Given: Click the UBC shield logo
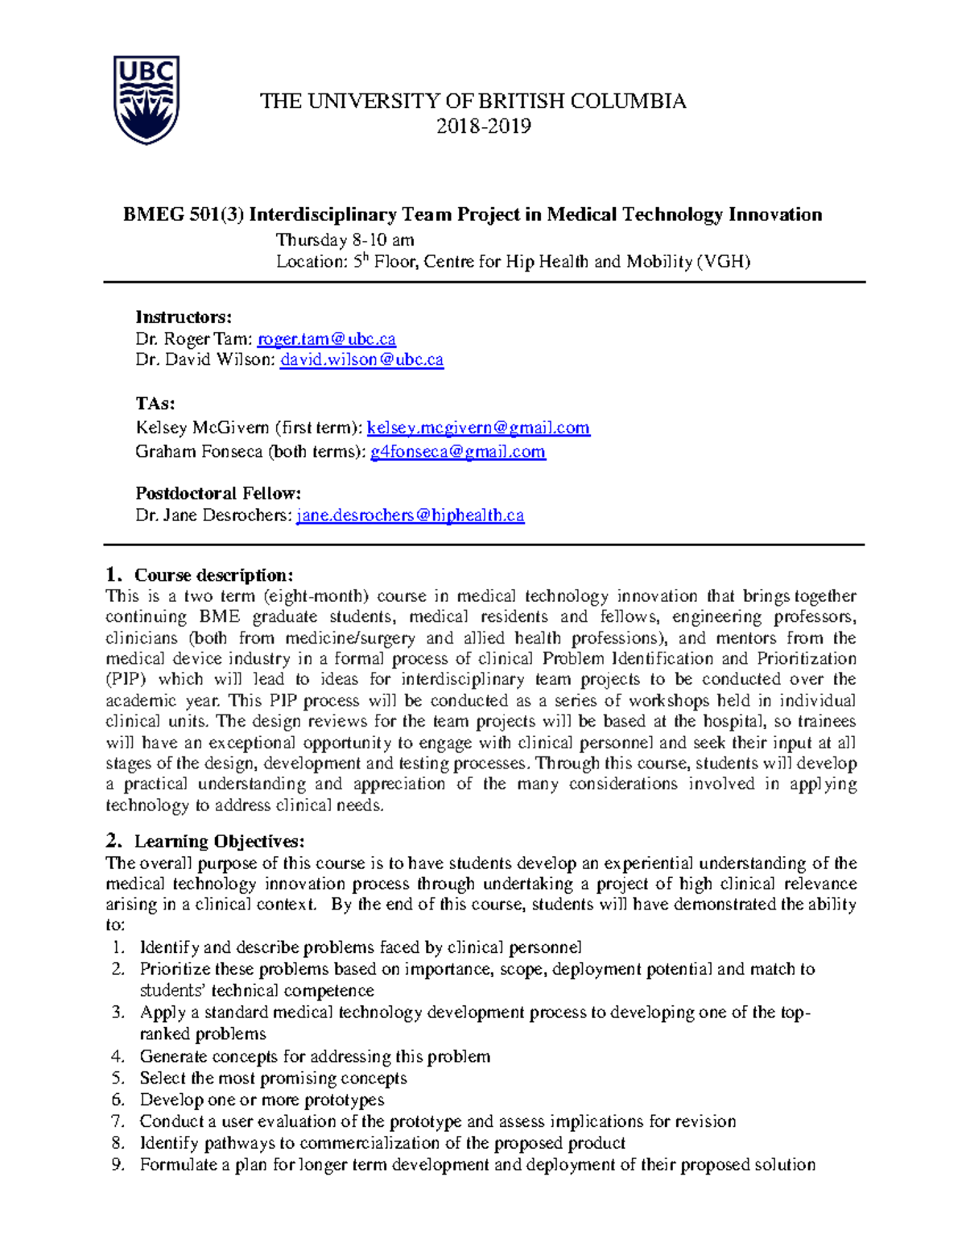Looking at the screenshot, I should [146, 100].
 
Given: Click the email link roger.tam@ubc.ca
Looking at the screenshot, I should [326, 339].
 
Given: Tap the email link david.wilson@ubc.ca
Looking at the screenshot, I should [361, 360].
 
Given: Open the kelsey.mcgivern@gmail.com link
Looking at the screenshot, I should [478, 428].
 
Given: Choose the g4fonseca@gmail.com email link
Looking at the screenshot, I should [457, 452].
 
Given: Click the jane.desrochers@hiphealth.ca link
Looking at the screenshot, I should [411, 516].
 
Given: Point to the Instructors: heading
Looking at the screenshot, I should [184, 317].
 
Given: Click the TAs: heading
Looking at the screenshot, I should [155, 404].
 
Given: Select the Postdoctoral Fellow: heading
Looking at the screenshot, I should [218, 493].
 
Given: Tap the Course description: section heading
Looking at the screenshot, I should [213, 575].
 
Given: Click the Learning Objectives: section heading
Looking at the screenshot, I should [219, 842].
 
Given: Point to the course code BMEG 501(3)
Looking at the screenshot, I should [183, 214].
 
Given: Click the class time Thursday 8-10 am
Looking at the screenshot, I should [345, 240].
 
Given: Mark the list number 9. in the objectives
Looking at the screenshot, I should [118, 1165].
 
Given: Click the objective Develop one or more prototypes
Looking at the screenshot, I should [262, 1100].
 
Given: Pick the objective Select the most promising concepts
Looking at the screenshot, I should [273, 1078].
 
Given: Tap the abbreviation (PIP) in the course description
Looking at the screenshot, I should [126, 679].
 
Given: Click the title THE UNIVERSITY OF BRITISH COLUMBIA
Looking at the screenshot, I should [473, 101].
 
